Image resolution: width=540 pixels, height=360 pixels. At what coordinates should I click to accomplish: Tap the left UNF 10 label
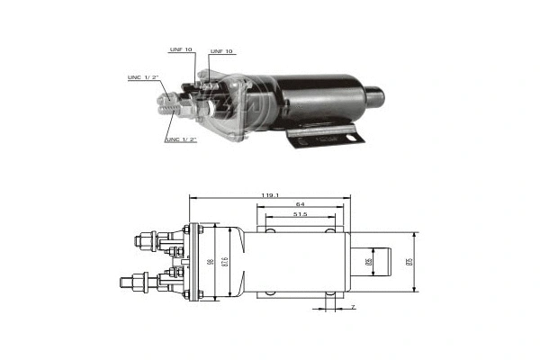(x=181, y=49)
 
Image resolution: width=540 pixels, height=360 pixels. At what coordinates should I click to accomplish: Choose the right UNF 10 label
(x=220, y=51)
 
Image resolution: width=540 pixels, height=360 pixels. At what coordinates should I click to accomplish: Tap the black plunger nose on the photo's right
(x=374, y=94)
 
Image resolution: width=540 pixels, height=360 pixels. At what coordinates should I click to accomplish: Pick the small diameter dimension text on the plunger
(x=367, y=262)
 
